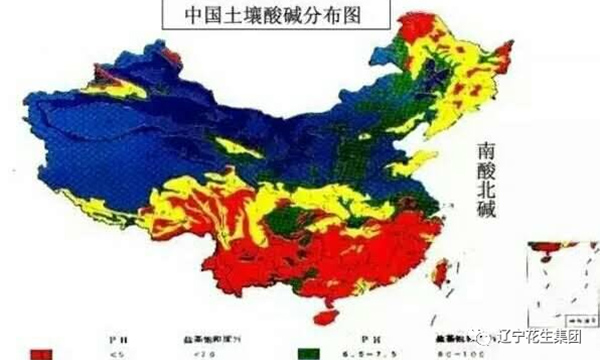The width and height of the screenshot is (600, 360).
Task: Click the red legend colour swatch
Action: coord(41,353)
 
